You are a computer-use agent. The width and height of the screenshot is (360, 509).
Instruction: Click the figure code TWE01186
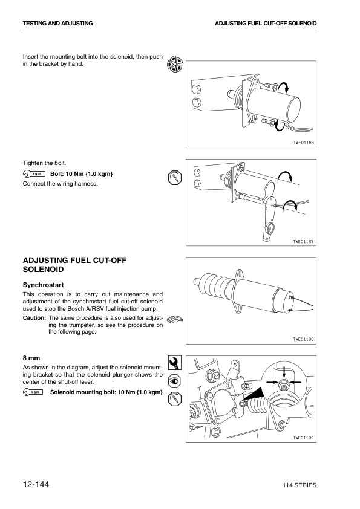304,143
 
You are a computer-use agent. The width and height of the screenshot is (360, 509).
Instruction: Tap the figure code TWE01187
304,242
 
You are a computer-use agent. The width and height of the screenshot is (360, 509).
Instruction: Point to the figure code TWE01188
304,339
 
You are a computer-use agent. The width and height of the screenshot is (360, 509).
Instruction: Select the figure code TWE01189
304,438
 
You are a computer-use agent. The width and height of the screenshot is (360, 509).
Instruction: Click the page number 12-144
36,485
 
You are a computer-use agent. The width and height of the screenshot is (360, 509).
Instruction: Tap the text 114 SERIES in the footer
299,485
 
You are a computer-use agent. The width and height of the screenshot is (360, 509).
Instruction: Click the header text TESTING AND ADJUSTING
58,24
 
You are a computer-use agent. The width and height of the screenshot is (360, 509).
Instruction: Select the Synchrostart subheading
43,285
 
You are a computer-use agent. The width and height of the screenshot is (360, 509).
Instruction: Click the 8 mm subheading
31,358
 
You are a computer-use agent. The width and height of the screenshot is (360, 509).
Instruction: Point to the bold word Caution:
34,318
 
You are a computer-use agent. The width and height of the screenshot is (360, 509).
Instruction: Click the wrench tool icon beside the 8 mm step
175,363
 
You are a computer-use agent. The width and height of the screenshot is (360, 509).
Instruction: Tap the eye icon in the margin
175,381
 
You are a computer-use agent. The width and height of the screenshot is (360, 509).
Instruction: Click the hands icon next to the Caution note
175,319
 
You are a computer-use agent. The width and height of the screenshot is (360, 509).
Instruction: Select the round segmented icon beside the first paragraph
175,64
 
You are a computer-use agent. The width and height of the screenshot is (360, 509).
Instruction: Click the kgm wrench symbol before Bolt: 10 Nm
34,173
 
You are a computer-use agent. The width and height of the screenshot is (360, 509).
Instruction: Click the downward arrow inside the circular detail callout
284,372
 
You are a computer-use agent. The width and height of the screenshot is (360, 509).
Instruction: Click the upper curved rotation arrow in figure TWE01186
285,87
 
